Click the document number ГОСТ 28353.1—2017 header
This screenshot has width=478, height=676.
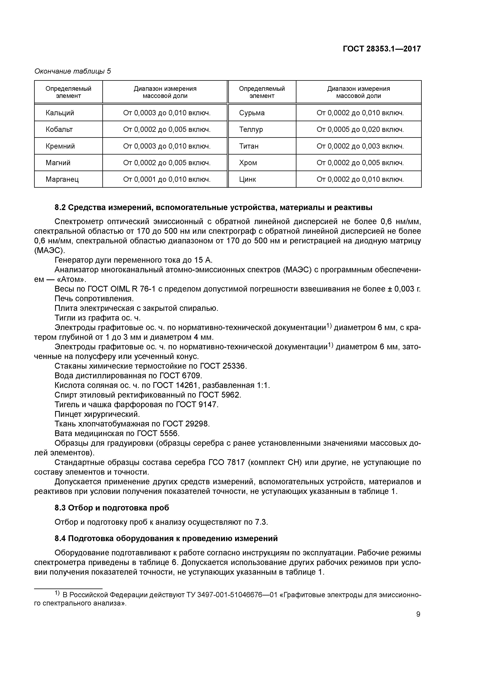[x=382, y=49]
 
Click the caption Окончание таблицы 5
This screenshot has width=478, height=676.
[x=73, y=71]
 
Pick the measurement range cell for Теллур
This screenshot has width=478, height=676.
[x=360, y=129]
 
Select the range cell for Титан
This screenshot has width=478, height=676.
[x=360, y=146]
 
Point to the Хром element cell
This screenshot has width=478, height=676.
[x=248, y=163]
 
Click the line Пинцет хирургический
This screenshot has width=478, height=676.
[x=97, y=414]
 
